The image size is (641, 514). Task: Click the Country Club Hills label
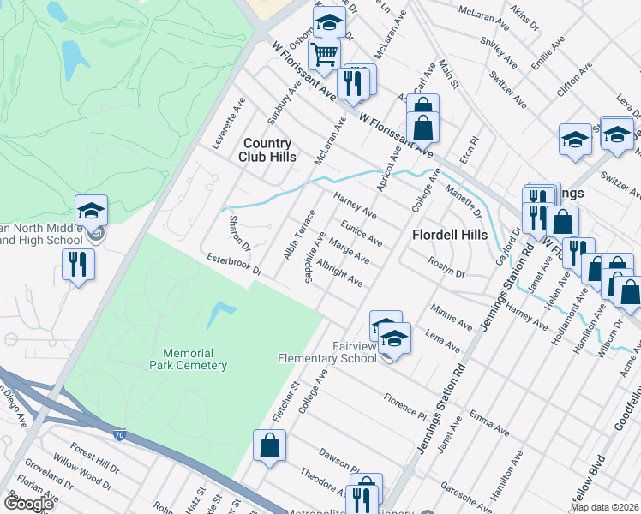click(x=269, y=150)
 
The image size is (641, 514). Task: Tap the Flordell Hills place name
click(x=450, y=235)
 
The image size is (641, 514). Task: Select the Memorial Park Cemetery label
click(x=195, y=359)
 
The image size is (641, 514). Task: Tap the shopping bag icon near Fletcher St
click(x=269, y=445)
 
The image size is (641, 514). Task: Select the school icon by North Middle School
click(x=91, y=210)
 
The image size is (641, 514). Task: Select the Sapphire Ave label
click(x=314, y=255)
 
